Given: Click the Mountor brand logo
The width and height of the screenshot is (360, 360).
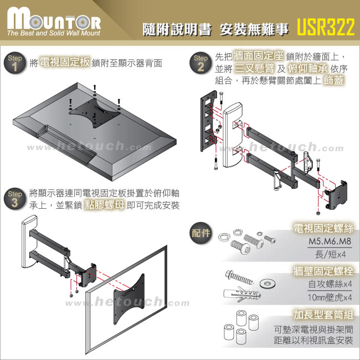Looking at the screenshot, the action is tap(54, 22).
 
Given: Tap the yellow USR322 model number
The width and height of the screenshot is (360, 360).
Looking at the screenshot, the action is tap(326, 27).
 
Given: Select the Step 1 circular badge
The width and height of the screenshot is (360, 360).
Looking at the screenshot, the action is tap(15, 63).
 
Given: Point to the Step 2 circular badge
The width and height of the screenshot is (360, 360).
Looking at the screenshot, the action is tap(200, 63).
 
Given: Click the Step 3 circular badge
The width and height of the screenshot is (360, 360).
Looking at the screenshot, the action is tap(15, 199).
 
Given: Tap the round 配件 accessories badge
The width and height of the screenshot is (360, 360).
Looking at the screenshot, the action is tap(201, 233).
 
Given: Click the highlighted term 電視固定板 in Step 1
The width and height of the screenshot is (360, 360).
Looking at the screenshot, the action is tap(65, 62).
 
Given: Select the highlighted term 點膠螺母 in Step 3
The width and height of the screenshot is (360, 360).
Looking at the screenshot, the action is tap(105, 205).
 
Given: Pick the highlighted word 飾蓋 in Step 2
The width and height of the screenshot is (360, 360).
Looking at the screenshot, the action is tap(333, 80).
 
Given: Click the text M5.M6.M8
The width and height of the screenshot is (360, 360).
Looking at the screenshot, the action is tap(330, 241).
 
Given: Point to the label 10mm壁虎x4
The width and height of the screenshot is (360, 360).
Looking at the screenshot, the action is tap(330, 297).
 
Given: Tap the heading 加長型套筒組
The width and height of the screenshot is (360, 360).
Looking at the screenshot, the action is tap(323, 315).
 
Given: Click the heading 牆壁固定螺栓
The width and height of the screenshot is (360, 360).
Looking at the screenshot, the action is tap(323, 271).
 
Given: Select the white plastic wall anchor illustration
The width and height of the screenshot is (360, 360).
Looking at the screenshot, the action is tap(242, 294).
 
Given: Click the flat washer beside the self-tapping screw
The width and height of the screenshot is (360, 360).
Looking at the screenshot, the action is tap(268, 284).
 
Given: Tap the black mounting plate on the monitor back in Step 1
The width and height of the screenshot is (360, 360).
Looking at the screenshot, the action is tap(95, 112).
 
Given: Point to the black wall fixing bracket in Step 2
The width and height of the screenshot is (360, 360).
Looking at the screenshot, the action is tap(209, 121).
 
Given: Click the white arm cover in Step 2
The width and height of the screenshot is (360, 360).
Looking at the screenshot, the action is tap(233, 136).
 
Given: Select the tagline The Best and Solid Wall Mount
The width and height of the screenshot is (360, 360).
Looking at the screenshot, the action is tap(54, 33).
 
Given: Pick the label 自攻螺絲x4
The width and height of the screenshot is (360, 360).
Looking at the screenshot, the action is tap(330, 284).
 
